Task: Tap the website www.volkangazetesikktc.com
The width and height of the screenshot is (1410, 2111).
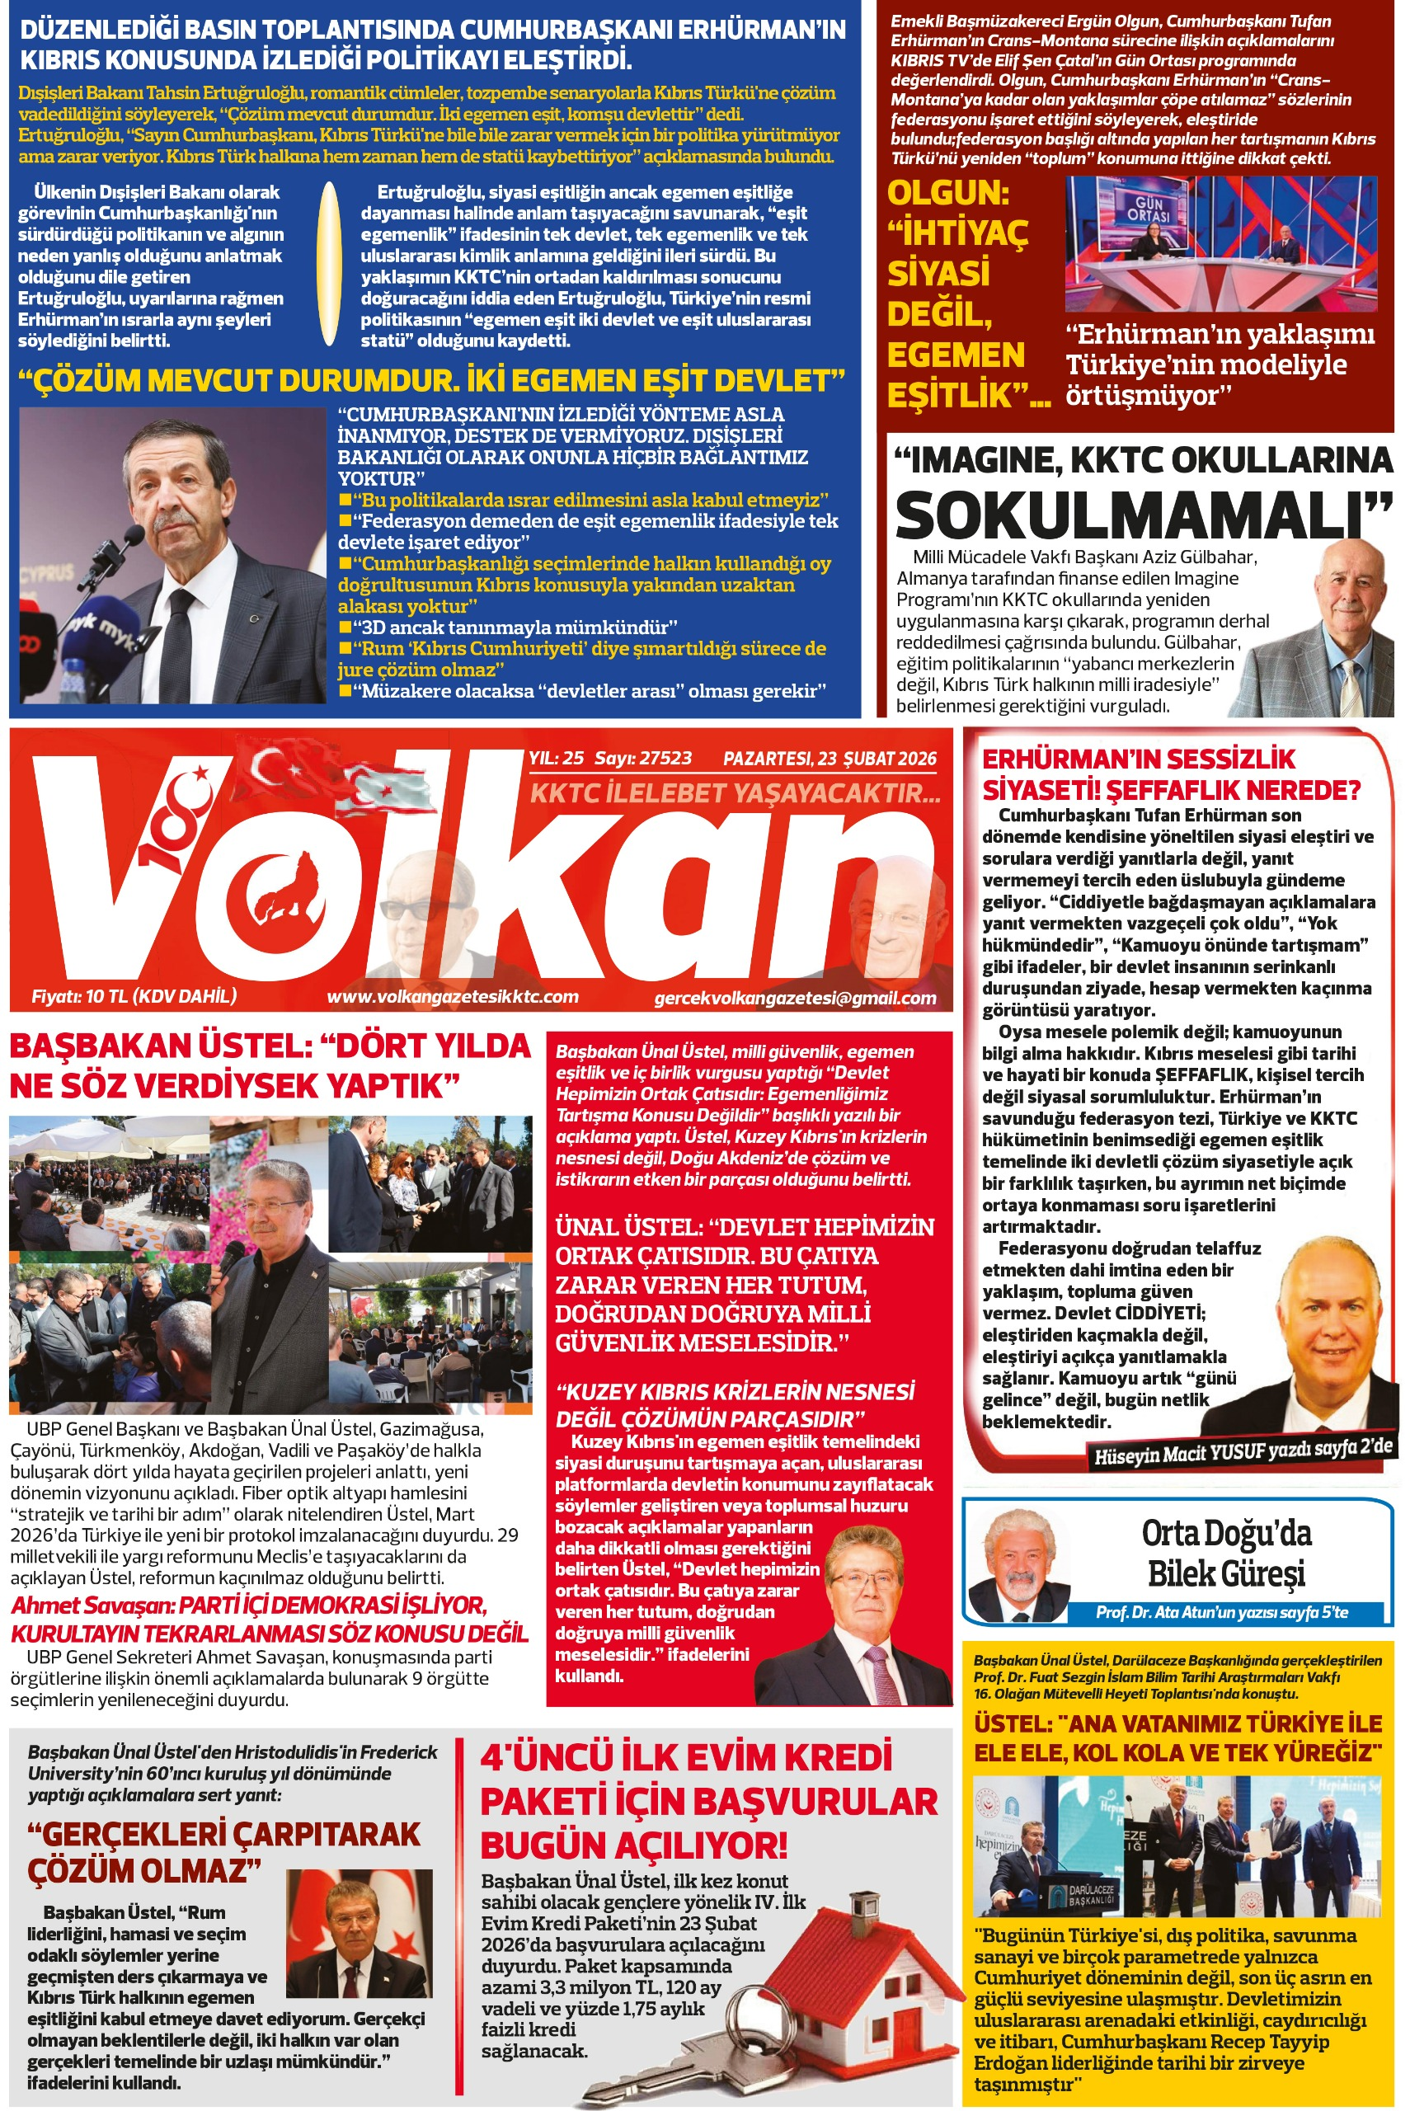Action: coord(453,996)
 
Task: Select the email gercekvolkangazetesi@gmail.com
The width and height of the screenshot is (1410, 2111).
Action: coord(795,997)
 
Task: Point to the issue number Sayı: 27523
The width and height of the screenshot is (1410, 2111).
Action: coord(643,758)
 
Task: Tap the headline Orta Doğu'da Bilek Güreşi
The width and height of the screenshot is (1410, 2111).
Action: coord(1227,1554)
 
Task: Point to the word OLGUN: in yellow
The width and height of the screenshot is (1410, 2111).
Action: coord(947,193)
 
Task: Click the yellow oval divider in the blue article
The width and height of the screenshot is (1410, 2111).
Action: coord(330,265)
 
